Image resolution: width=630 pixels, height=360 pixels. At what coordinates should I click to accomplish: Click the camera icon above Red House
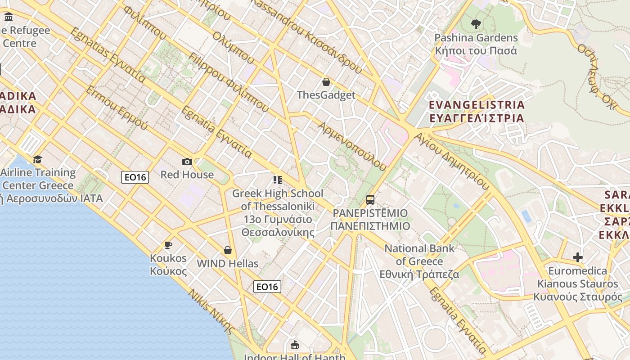[187, 162]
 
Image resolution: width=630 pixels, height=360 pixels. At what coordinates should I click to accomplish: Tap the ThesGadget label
[326, 95]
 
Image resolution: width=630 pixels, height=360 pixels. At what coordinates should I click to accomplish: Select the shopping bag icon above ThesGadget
[326, 82]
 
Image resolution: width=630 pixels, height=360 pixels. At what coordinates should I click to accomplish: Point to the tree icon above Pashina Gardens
[476, 24]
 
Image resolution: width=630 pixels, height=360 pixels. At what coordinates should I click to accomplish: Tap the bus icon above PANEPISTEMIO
[370, 199]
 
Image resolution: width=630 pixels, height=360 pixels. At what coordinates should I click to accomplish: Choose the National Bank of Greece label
[419, 261]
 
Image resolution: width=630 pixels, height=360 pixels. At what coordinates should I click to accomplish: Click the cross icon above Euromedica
[578, 257]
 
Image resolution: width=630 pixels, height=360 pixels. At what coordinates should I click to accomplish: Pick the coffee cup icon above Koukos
[168, 245]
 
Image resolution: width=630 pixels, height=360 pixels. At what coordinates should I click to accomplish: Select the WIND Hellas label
[228, 264]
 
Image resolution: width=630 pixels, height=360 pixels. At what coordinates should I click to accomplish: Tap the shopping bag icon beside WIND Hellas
[228, 250]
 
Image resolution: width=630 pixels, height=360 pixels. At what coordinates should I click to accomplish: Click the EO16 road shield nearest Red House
[135, 177]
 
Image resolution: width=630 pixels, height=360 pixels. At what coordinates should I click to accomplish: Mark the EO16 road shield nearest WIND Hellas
[267, 287]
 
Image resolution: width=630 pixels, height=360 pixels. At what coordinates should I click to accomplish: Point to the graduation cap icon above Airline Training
[38, 159]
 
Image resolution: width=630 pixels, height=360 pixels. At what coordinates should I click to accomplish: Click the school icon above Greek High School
[278, 180]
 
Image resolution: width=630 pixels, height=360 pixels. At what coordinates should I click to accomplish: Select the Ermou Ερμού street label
[117, 108]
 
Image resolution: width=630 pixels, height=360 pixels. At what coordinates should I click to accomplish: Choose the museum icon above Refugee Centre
[9, 17]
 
